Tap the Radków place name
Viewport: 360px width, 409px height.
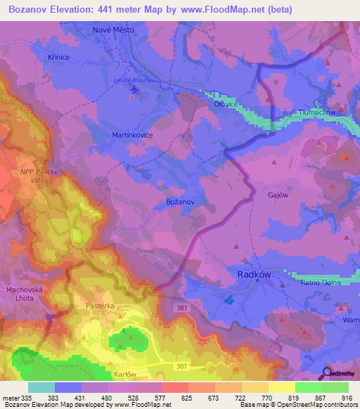(252, 276)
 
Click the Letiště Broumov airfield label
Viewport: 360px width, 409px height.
(134, 81)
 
